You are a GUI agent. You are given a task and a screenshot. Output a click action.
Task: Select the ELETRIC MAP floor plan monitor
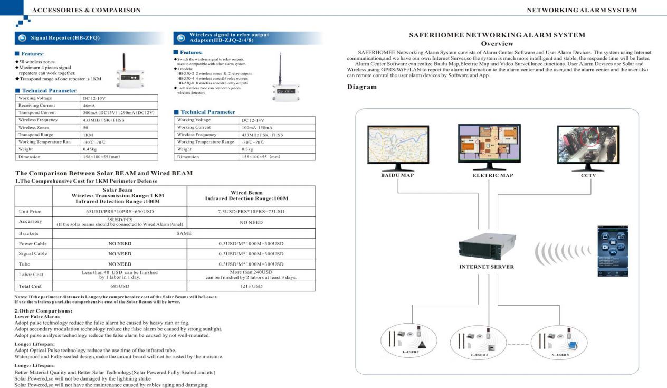[x=489, y=144]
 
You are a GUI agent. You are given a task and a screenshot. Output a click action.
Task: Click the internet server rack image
[x=486, y=248]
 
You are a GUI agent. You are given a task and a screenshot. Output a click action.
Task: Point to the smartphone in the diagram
[x=613, y=251]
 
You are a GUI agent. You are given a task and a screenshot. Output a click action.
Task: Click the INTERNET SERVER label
[x=486, y=267]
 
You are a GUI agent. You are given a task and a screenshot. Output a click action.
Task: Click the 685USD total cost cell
[x=120, y=286]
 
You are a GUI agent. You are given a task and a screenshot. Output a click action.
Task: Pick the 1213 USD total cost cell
[x=251, y=286]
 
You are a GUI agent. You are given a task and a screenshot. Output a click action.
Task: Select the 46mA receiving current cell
[x=119, y=106]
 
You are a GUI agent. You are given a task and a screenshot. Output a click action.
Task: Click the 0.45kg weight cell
[x=119, y=149]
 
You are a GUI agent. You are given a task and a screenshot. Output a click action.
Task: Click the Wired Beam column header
[x=251, y=195]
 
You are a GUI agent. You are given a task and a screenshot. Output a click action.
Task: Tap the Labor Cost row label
[x=31, y=275]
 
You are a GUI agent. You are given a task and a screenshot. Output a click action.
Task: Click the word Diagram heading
[x=361, y=87]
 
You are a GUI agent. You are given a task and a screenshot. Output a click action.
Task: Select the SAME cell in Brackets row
[x=184, y=233]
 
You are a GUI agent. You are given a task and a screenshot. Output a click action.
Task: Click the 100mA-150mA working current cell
[x=278, y=127]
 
